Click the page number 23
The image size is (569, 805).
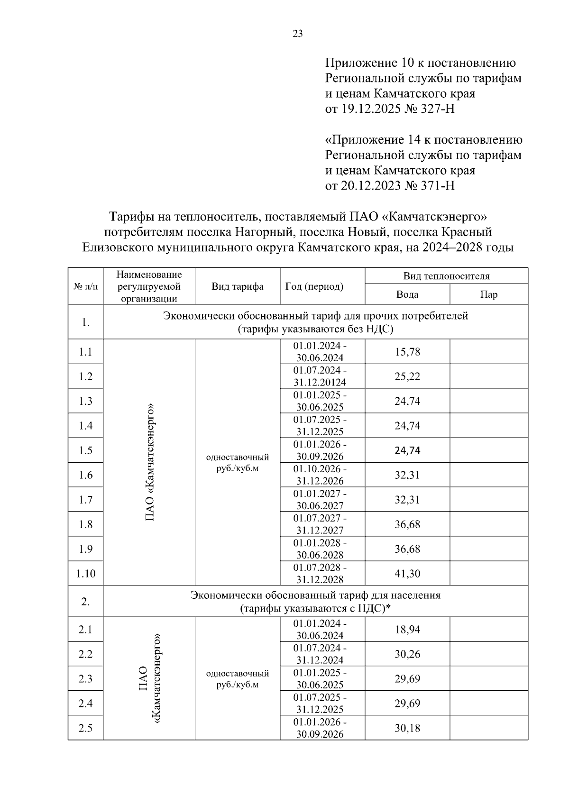click(x=298, y=34)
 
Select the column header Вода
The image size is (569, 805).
click(x=407, y=294)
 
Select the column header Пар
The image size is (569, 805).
click(x=488, y=294)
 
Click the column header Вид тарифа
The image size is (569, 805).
click(x=237, y=286)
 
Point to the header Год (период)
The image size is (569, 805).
click(x=314, y=286)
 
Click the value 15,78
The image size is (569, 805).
click(x=407, y=352)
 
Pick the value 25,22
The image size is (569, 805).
click(x=407, y=376)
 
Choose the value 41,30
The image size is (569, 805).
click(x=407, y=574)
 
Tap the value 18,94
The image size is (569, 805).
click(x=407, y=630)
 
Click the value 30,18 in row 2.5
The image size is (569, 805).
click(x=407, y=728)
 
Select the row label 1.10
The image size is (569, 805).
click(x=85, y=574)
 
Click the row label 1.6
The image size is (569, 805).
click(x=85, y=475)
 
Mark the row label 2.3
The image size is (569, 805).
click(x=85, y=679)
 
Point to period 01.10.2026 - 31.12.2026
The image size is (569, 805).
click(x=320, y=475)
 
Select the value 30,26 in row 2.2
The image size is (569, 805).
click(x=407, y=654)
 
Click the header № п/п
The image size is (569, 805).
click(x=85, y=286)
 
